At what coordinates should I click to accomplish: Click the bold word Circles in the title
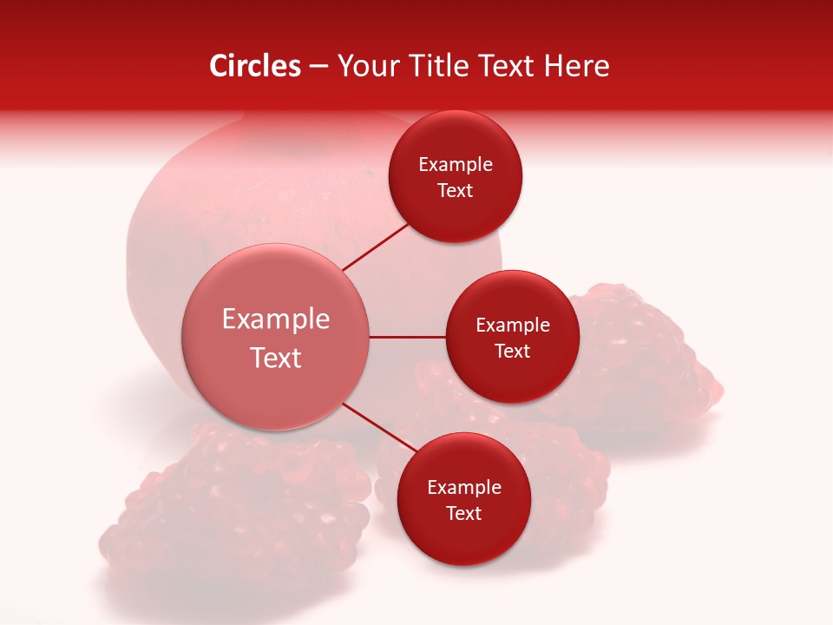point(255,66)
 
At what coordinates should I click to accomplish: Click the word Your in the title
point(365,66)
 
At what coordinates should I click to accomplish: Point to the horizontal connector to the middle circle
point(408,337)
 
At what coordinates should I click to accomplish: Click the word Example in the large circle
point(276,319)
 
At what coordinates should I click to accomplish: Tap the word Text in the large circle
point(276,358)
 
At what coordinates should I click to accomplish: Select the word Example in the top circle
point(456,164)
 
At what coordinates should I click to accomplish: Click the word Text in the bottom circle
point(463,513)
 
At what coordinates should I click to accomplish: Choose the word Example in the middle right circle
point(513,325)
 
